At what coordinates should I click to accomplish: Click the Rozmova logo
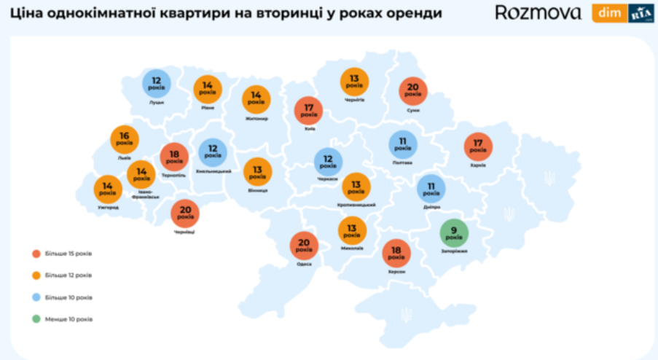tap(538, 12)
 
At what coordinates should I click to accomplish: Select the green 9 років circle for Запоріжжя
tap(454, 233)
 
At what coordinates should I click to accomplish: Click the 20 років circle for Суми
tap(413, 91)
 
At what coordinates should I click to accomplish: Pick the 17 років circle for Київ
tap(308, 111)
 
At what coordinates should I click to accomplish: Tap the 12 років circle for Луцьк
tap(157, 83)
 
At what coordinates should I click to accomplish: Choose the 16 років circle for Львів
tap(125, 139)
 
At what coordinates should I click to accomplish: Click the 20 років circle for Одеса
tap(304, 246)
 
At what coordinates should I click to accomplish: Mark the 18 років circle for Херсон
tap(396, 254)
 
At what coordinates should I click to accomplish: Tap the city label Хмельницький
tap(214, 171)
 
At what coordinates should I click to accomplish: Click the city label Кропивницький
tap(356, 206)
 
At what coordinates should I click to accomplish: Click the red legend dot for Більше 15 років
tap(36, 254)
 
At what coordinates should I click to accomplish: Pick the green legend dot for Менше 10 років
tap(36, 319)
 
